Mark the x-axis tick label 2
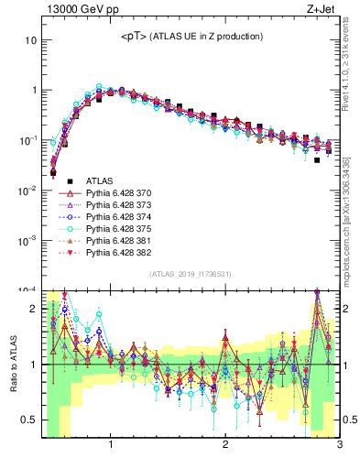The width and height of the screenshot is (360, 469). (225, 446)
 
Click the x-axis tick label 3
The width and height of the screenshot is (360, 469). (339, 446)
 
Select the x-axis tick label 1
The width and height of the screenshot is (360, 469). (111, 446)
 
